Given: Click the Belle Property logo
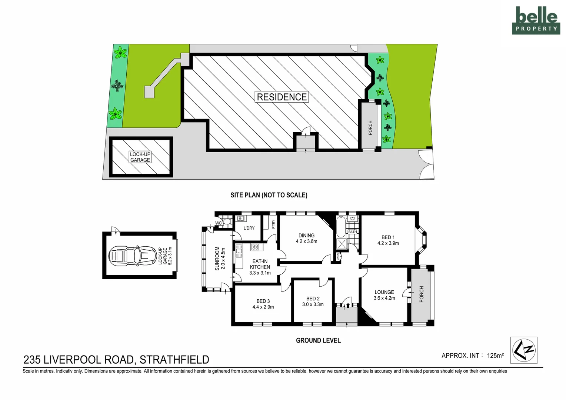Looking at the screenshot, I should click(536, 21).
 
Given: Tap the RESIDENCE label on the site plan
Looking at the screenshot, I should click(282, 97).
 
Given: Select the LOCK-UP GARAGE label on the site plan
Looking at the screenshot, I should click(140, 157).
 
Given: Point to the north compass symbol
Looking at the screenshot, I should click(523, 350).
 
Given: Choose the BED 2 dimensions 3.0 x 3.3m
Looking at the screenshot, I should click(313, 304).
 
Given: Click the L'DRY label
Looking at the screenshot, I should click(249, 228).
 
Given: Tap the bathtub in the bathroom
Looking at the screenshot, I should click(340, 226).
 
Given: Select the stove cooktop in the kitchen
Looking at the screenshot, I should click(255, 247).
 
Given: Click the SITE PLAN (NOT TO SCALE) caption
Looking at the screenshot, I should click(269, 195).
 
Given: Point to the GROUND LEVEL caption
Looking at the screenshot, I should click(318, 340).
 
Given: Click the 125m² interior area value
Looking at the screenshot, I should click(495, 356).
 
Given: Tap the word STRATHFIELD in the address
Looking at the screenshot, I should click(174, 360).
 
